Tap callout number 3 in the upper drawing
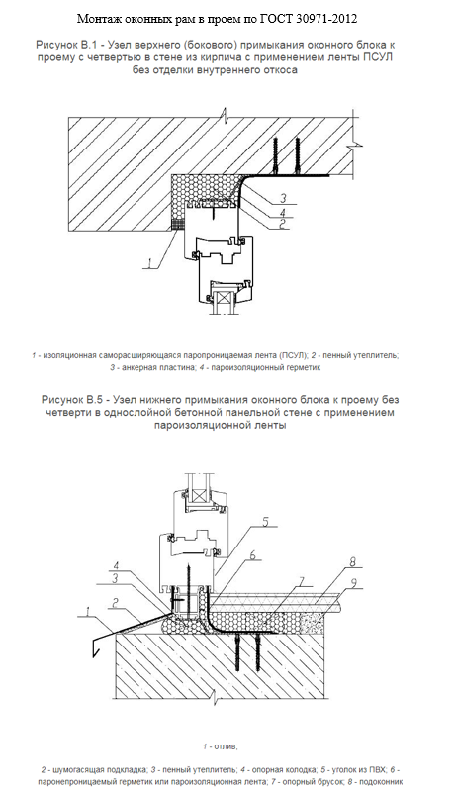click(284, 198)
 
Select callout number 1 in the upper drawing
click(150, 262)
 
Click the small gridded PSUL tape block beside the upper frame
click(176, 224)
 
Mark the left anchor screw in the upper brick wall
click(276, 155)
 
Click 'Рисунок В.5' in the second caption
click(69, 400)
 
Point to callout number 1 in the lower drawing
click(91, 613)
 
